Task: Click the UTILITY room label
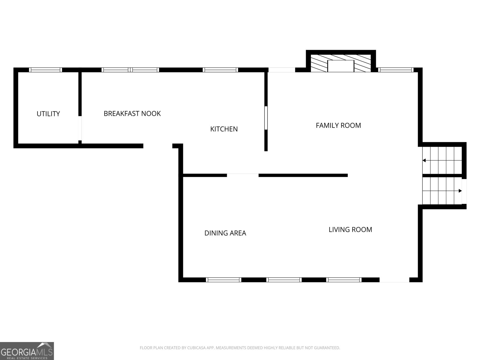coord(48,114)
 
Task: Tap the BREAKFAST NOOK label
coord(132,113)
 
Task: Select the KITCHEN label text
coord(224,129)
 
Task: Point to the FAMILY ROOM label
coord(338,125)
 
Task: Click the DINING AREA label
coord(225,233)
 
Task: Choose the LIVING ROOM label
coord(350,229)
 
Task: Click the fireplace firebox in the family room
coord(341,66)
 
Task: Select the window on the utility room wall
coord(46,70)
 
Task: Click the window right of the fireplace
coord(396,70)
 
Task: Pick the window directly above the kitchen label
coord(220,70)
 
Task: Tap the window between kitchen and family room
coord(266,118)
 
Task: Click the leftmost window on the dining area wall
coord(223,280)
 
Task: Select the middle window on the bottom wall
coord(284,280)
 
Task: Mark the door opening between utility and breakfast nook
coord(80,128)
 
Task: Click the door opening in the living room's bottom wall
coord(394,280)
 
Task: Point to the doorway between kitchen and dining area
coord(243,175)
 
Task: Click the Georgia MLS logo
coord(27,351)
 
